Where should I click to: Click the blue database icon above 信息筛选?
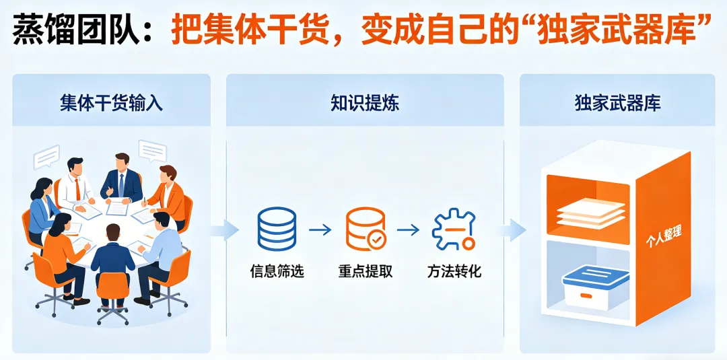(x=277, y=229)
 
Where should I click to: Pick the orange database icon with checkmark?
(x=366, y=229)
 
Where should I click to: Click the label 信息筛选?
(x=277, y=272)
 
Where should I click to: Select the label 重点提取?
(x=366, y=272)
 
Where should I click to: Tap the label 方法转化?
(x=454, y=272)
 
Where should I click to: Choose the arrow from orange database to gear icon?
(x=408, y=229)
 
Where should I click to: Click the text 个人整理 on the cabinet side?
(x=664, y=238)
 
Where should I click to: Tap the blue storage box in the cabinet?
(x=595, y=285)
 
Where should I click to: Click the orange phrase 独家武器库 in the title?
(x=626, y=30)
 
